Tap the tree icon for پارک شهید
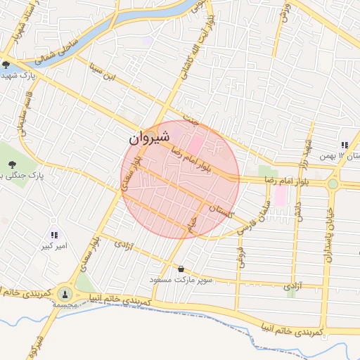click(x=6, y=65)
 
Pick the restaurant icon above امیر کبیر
click(x=54, y=236)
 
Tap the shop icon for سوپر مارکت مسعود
click(x=182, y=269)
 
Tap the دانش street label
click(x=297, y=212)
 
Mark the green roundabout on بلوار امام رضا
click(x=332, y=184)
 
